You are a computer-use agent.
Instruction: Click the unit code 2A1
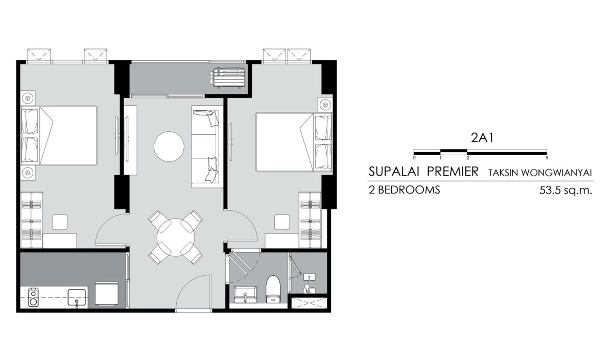pyautogui.click(x=482, y=138)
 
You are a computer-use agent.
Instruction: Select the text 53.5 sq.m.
pyautogui.click(x=565, y=190)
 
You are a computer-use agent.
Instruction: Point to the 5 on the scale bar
pyautogui.click(x=547, y=158)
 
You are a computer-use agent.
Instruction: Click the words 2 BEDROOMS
pyautogui.click(x=404, y=190)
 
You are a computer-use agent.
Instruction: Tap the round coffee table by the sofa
pyautogui.click(x=169, y=147)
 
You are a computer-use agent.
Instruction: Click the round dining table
pyautogui.click(x=176, y=237)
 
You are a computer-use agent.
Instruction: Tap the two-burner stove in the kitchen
pyautogui.click(x=33, y=297)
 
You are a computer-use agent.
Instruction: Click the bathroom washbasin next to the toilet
pyautogui.click(x=245, y=295)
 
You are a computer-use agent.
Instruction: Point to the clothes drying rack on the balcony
pyautogui.click(x=227, y=78)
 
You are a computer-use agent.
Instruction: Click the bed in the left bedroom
pyautogui.click(x=59, y=136)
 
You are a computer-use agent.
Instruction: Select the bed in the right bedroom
pyautogui.click(x=294, y=142)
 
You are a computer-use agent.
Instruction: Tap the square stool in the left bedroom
pyautogui.click(x=60, y=222)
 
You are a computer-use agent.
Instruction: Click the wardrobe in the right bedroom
pyautogui.click(x=310, y=220)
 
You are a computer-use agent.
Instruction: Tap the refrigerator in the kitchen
pyautogui.click(x=107, y=294)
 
